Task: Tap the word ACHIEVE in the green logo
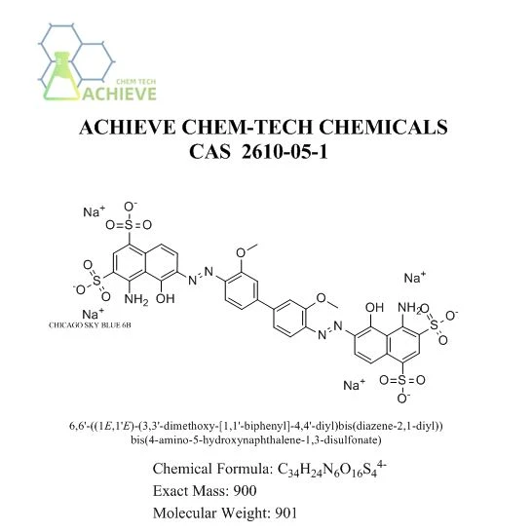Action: (119, 94)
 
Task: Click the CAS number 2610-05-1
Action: (285, 151)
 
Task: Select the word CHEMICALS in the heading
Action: (383, 127)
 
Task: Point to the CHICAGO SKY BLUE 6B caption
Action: (90, 325)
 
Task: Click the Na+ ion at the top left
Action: (94, 211)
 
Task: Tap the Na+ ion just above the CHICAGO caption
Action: (93, 314)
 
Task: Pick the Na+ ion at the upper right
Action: (415, 278)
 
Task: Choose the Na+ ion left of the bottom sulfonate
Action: (355, 385)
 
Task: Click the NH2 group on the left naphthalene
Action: (136, 300)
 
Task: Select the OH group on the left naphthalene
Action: (166, 298)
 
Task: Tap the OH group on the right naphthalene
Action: (374, 307)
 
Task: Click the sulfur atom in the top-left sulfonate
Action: (129, 225)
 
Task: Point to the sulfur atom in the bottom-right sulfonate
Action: (402, 380)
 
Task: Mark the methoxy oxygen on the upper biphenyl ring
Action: (241, 253)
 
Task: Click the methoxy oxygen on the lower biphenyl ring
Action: (321, 298)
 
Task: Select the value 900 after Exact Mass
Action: (245, 491)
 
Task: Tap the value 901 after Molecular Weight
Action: (286, 513)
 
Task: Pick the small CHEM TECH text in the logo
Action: (136, 82)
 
